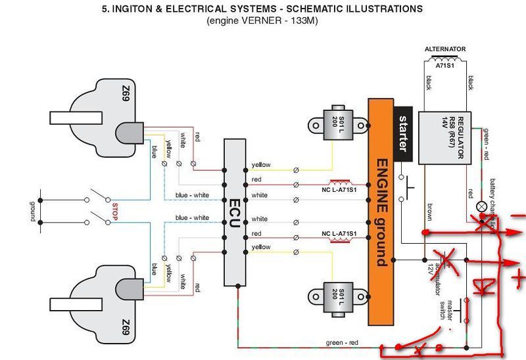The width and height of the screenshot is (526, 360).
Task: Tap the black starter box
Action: click(x=403, y=135)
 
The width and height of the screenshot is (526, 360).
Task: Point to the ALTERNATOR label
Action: click(x=445, y=49)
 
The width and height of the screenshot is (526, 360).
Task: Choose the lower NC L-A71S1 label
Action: click(x=339, y=234)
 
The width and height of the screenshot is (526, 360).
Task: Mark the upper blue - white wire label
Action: click(x=192, y=195)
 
